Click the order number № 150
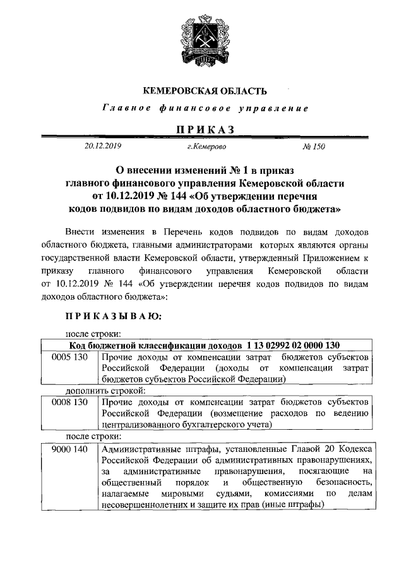point(314,147)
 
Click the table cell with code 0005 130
point(69,357)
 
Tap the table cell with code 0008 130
point(69,403)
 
